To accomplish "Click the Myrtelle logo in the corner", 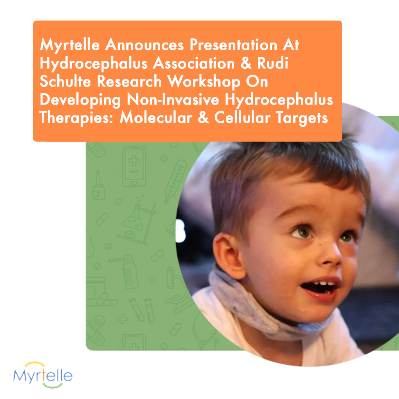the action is [43, 375].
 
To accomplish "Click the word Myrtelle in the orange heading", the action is [70, 45].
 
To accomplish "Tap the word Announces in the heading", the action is [144, 45].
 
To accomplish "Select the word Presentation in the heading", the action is [233, 45].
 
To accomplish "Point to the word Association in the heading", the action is [194, 63].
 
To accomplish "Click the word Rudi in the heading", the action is [273, 63].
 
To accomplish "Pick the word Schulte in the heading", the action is [65, 81].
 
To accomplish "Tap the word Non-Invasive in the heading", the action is [173, 99].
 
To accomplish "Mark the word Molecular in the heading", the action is [156, 117].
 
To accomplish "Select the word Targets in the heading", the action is [302, 118].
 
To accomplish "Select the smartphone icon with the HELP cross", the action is [134, 166].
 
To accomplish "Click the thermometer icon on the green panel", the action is [175, 181].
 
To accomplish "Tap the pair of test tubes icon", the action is [142, 310].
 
